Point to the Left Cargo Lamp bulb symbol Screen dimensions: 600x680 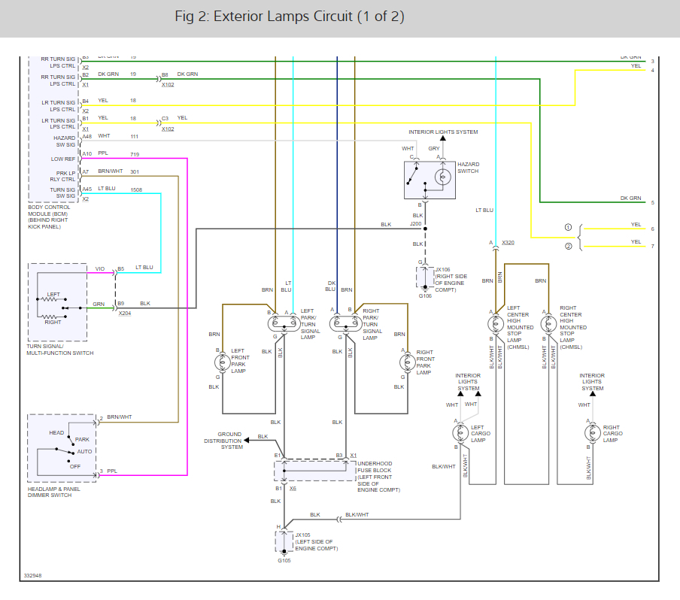click(x=460, y=433)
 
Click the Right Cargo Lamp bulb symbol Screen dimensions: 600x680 click(x=590, y=433)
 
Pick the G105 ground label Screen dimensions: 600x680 click(x=284, y=560)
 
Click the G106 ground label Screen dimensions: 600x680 click(x=426, y=295)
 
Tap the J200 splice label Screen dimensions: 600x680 click(x=416, y=223)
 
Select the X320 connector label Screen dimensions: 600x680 click(x=508, y=243)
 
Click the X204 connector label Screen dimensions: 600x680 click(x=124, y=313)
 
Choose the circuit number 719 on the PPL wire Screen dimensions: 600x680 click(x=134, y=154)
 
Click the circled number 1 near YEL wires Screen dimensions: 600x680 click(x=569, y=227)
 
